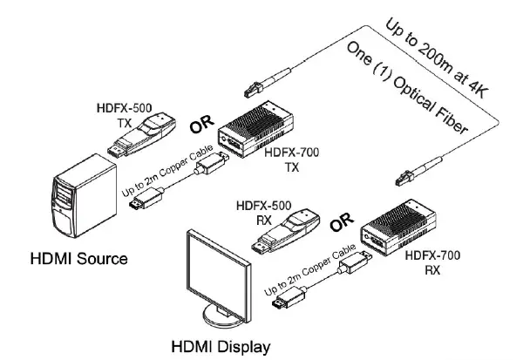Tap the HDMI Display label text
tap(221, 346)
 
